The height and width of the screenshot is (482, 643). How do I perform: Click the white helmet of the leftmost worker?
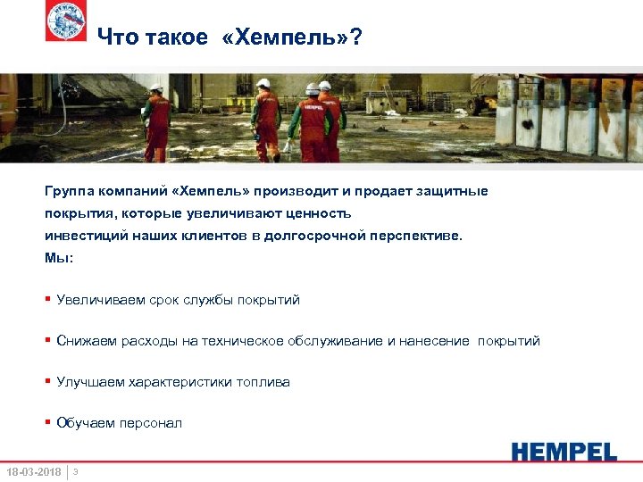[x=156, y=87]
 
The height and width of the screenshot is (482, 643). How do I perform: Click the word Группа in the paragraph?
[x=70, y=191]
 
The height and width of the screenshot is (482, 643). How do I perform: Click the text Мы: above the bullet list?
[x=59, y=258]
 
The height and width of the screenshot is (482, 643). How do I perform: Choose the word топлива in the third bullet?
[x=263, y=382]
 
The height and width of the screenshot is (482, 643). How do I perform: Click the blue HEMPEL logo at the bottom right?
[x=564, y=451]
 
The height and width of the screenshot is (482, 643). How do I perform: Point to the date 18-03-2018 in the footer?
[x=33, y=471]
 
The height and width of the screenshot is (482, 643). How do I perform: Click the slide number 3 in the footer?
[x=76, y=470]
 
